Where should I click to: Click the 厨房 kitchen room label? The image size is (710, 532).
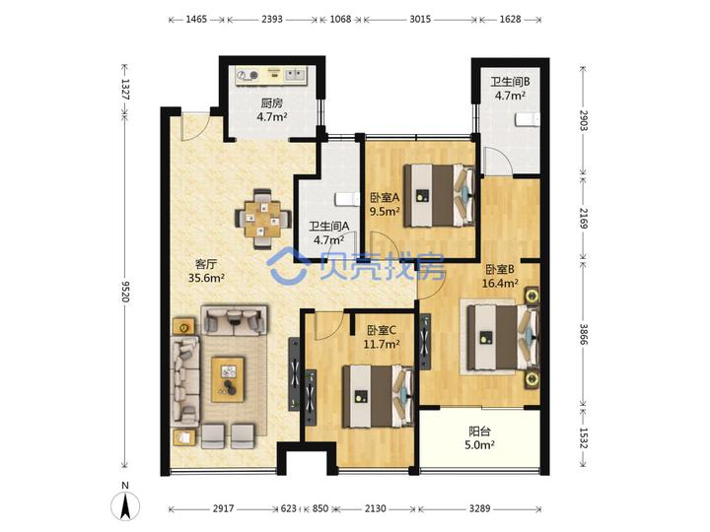[271, 103]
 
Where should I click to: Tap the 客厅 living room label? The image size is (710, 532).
[205, 264]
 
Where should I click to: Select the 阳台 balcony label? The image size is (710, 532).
[479, 432]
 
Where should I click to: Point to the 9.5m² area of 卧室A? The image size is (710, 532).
[385, 211]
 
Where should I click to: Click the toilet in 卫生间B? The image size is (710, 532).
[528, 119]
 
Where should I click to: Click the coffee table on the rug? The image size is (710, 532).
[228, 379]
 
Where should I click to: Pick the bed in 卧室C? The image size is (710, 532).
[378, 396]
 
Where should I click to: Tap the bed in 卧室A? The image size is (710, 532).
[439, 195]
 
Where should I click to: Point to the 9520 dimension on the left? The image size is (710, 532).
[126, 292]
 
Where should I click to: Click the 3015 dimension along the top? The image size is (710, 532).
[420, 20]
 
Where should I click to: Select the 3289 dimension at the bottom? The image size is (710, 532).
[479, 509]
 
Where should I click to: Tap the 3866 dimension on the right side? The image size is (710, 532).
[584, 335]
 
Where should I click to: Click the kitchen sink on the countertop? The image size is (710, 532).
[295, 74]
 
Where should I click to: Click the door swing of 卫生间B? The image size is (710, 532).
[497, 161]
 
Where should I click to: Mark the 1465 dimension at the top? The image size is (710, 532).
[196, 20]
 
